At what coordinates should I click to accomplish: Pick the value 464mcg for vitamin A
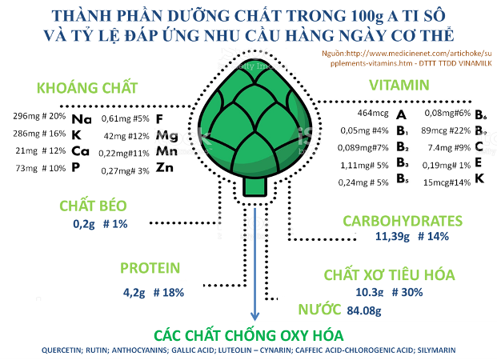(x=371, y=114)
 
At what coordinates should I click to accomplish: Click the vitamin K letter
(x=479, y=181)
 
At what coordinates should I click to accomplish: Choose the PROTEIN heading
(x=150, y=269)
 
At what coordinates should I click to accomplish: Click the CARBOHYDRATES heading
(x=403, y=221)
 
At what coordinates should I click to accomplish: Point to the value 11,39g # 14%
(x=411, y=237)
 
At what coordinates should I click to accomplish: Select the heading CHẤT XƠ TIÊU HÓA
(x=389, y=274)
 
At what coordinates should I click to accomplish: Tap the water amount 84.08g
(x=358, y=310)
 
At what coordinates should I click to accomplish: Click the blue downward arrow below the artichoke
(x=255, y=264)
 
